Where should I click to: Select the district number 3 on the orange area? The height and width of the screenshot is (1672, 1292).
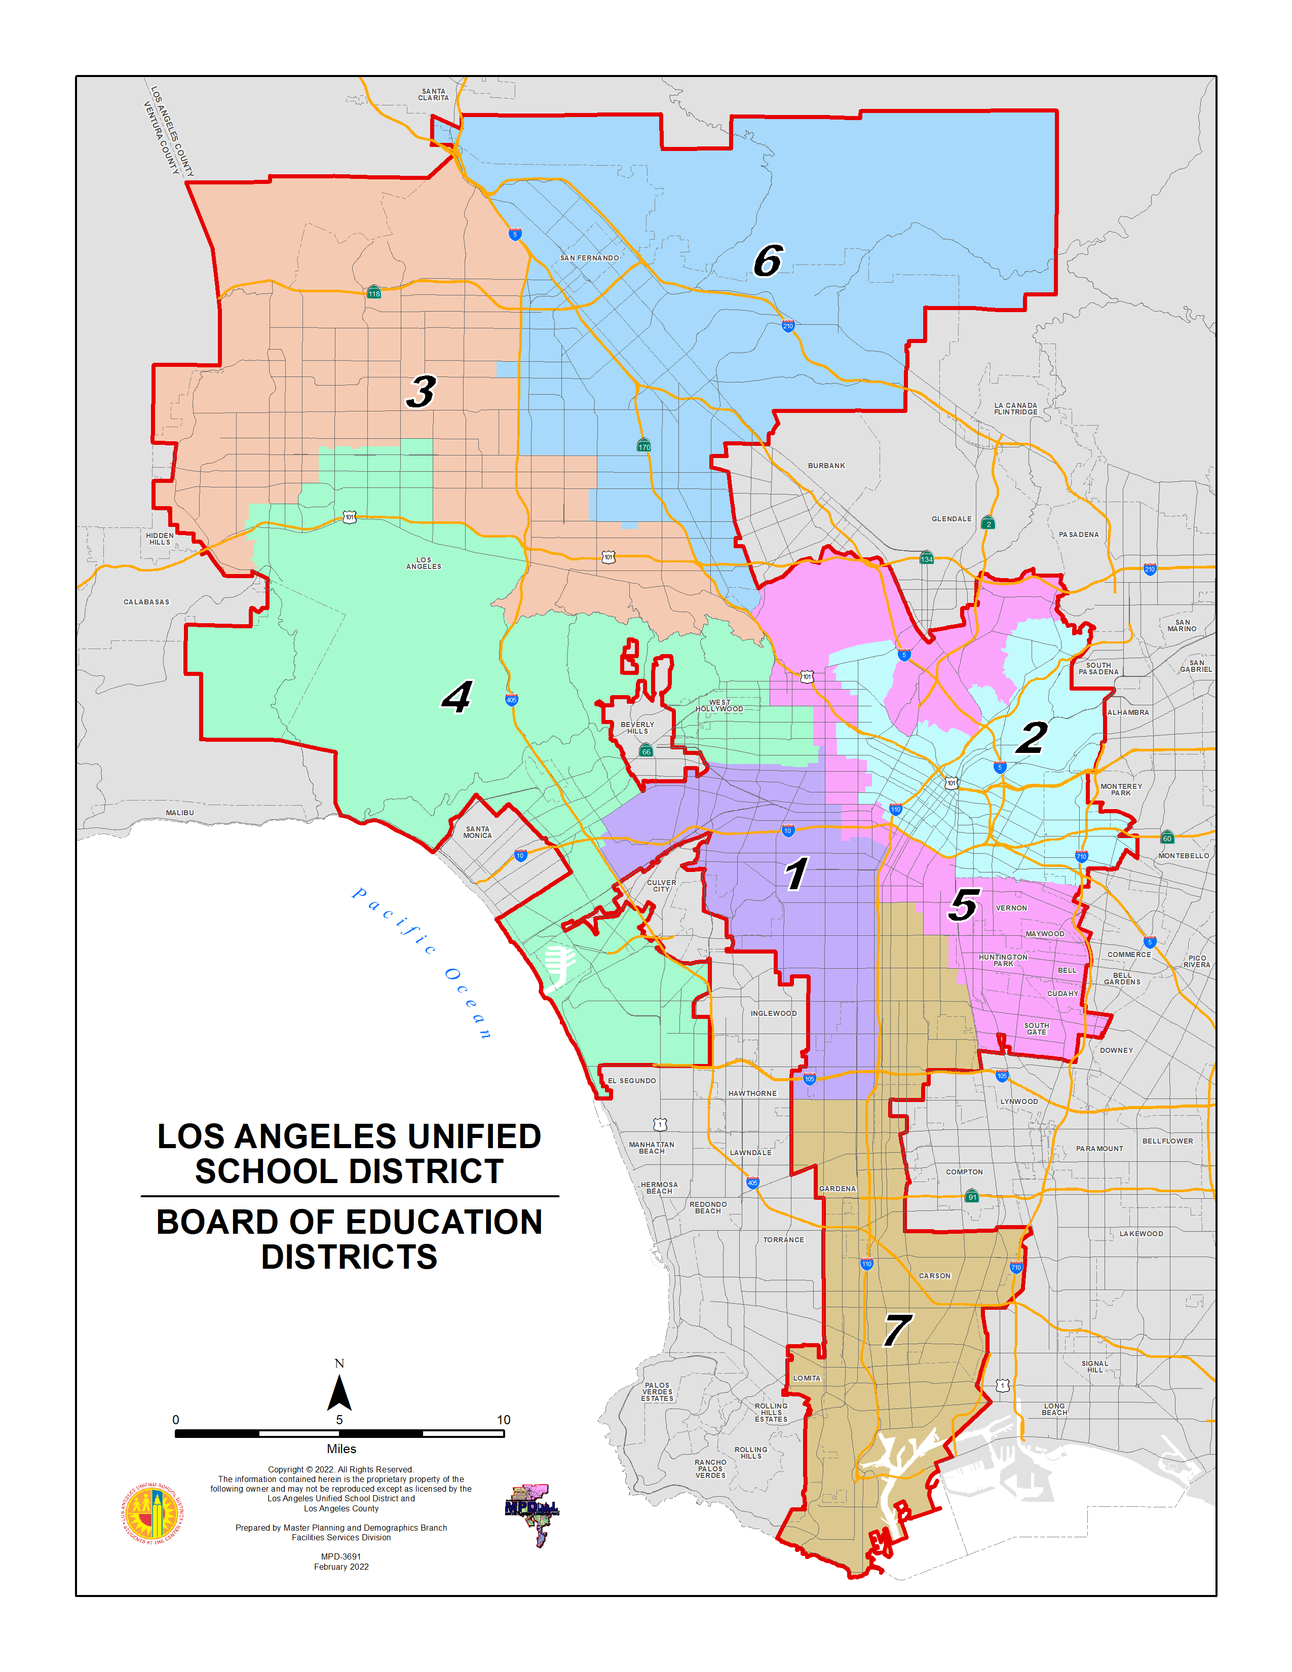pos(421,392)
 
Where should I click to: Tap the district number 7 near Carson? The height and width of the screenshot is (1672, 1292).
pos(896,1331)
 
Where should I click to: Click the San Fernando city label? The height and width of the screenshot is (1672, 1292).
pos(589,258)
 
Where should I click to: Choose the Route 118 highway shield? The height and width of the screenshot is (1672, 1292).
pos(373,293)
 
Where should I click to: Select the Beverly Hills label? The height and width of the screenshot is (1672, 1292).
pos(637,727)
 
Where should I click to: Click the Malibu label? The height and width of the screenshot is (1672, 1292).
pos(180,812)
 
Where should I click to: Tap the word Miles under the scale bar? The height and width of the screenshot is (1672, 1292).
pos(341,1449)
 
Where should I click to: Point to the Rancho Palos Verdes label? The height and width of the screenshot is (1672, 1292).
pos(710,1468)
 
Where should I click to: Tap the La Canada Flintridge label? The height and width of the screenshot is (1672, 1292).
pos(1016,409)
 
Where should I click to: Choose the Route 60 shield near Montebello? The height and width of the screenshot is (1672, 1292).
pos(1166,838)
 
